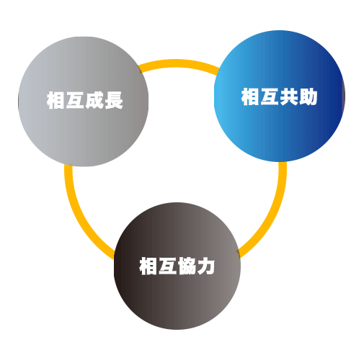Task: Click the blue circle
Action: tap(279, 96)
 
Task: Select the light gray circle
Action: tap(84, 102)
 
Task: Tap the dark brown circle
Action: tap(177, 266)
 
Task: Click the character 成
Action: tap(94, 100)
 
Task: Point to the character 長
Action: tap(114, 100)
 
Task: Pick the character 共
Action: tap(289, 96)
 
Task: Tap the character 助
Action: tap(308, 96)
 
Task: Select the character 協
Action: tap(187, 266)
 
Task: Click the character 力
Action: tap(205, 266)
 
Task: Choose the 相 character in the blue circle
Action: tap(251, 96)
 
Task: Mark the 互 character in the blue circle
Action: tap(270, 96)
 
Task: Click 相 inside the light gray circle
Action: tap(56, 100)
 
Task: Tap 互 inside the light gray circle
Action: tap(75, 100)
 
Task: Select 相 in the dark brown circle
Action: tap(148, 266)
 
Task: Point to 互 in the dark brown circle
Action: tap(168, 266)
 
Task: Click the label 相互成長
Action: tap(85, 100)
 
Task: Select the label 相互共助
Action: tap(280, 96)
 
